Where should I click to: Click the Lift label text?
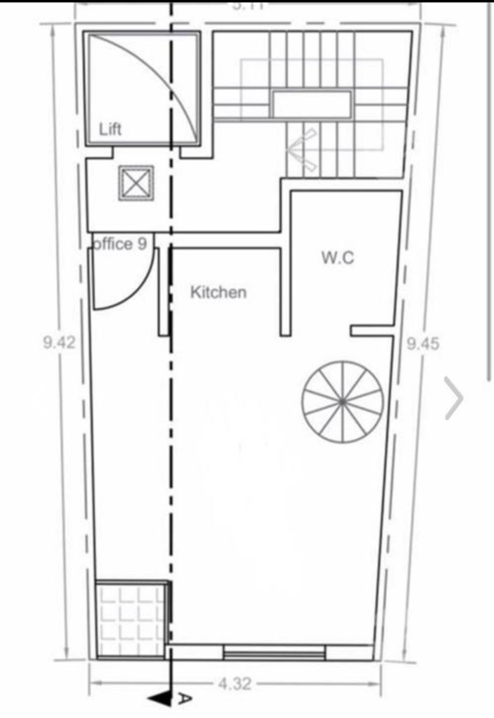(110, 129)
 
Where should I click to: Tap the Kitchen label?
(218, 292)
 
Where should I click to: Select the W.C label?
(338, 258)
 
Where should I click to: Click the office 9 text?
(119, 244)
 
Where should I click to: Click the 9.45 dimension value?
(423, 344)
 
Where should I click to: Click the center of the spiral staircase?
(342, 401)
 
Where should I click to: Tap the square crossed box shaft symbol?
(136, 183)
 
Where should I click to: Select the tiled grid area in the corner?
(131, 619)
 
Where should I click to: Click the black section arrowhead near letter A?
(159, 698)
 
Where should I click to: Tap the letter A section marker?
(184, 698)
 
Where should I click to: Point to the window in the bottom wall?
(274, 653)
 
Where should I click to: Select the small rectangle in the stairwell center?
(311, 105)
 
